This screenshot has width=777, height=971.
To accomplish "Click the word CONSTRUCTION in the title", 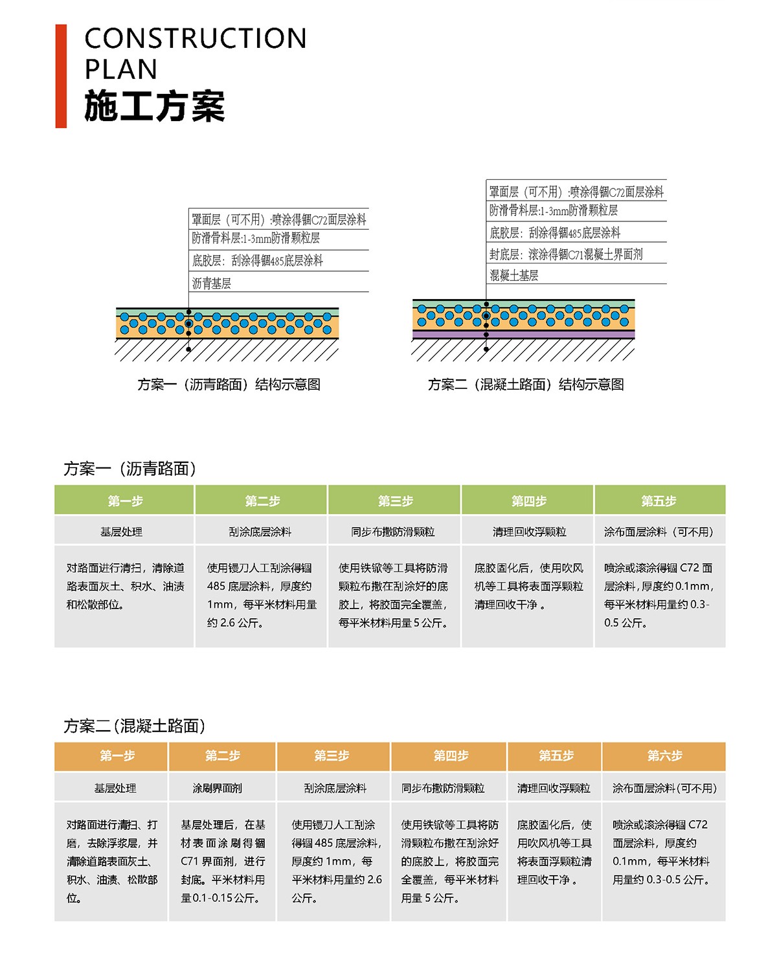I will [196, 39].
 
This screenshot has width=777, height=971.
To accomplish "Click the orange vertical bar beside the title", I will [61, 76].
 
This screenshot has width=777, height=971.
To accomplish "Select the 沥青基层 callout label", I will [212, 283].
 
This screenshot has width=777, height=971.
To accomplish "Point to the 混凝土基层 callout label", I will [514, 275].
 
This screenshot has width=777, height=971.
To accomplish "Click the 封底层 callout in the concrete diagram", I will [566, 254].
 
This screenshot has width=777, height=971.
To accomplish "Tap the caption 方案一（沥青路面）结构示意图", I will [229, 385].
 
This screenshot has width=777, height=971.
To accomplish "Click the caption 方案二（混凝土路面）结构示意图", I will [525, 385].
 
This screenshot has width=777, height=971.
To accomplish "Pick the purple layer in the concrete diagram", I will [523, 335].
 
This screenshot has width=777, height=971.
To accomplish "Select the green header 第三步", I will [395, 501].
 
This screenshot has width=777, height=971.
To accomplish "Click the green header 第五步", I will [659, 501].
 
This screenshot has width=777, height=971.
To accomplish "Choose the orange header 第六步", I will [664, 755].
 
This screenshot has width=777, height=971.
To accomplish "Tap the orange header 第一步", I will [117, 755].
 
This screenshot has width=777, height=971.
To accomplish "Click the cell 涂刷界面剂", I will [218, 788].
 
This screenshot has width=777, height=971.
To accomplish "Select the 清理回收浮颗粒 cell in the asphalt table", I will [529, 531].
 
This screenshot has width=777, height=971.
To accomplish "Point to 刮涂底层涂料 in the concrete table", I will [335, 788].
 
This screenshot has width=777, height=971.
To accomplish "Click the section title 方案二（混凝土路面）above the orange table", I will [135, 726].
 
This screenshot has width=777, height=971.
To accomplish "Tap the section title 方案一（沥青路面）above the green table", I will [129, 469].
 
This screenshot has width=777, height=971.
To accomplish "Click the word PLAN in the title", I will [121, 69].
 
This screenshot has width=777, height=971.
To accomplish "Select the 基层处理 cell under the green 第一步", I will [121, 531].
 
